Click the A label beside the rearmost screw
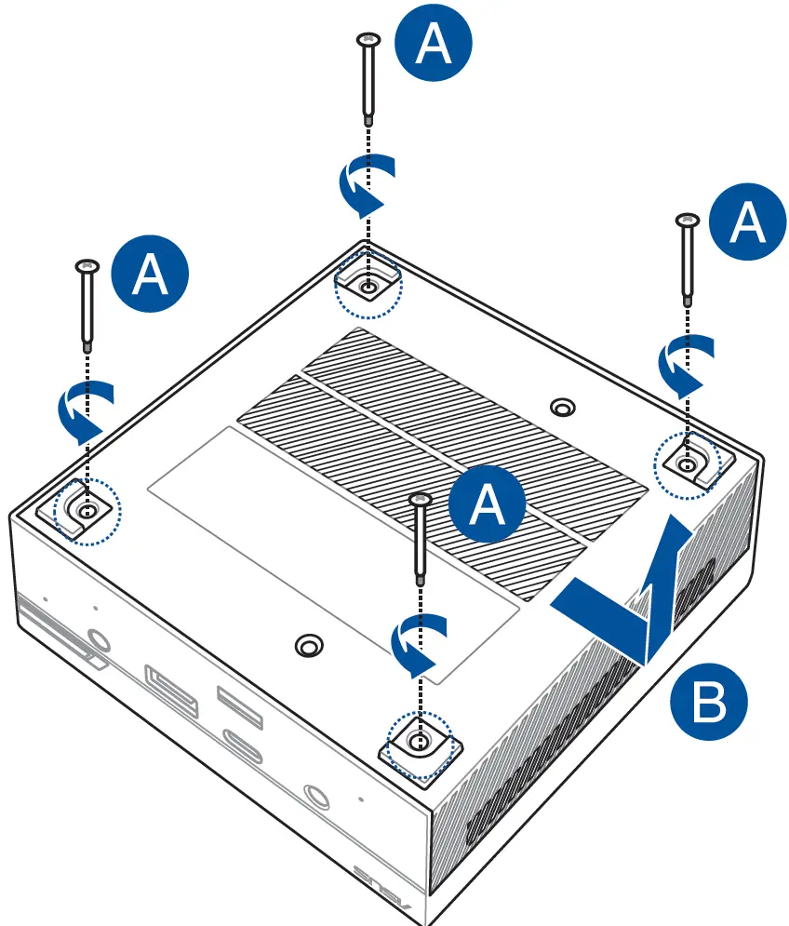434,45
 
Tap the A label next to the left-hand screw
150,275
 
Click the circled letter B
708,703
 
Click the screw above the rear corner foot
368,79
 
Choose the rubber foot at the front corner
420,745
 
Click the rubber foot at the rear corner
368,285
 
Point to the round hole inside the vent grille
562,408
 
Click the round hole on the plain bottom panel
306,646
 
